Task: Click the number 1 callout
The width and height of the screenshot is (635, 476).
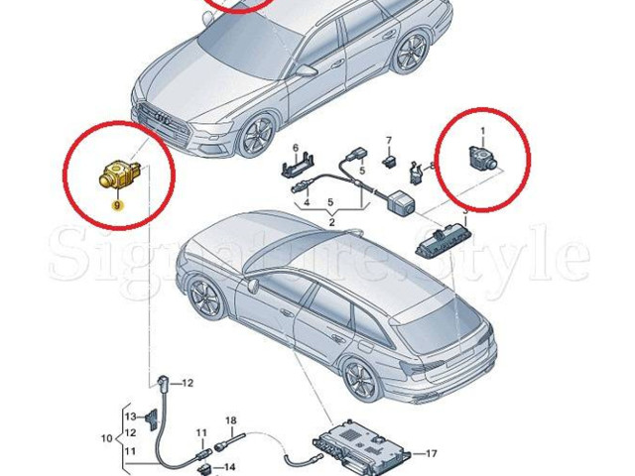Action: pyautogui.click(x=483, y=131)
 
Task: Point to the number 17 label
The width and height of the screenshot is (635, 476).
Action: pyautogui.click(x=431, y=454)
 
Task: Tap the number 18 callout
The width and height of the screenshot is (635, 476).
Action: pyautogui.click(x=230, y=420)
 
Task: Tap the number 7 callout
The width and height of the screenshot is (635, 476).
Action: pyautogui.click(x=389, y=140)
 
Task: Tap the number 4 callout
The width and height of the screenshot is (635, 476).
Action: pyautogui.click(x=308, y=203)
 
